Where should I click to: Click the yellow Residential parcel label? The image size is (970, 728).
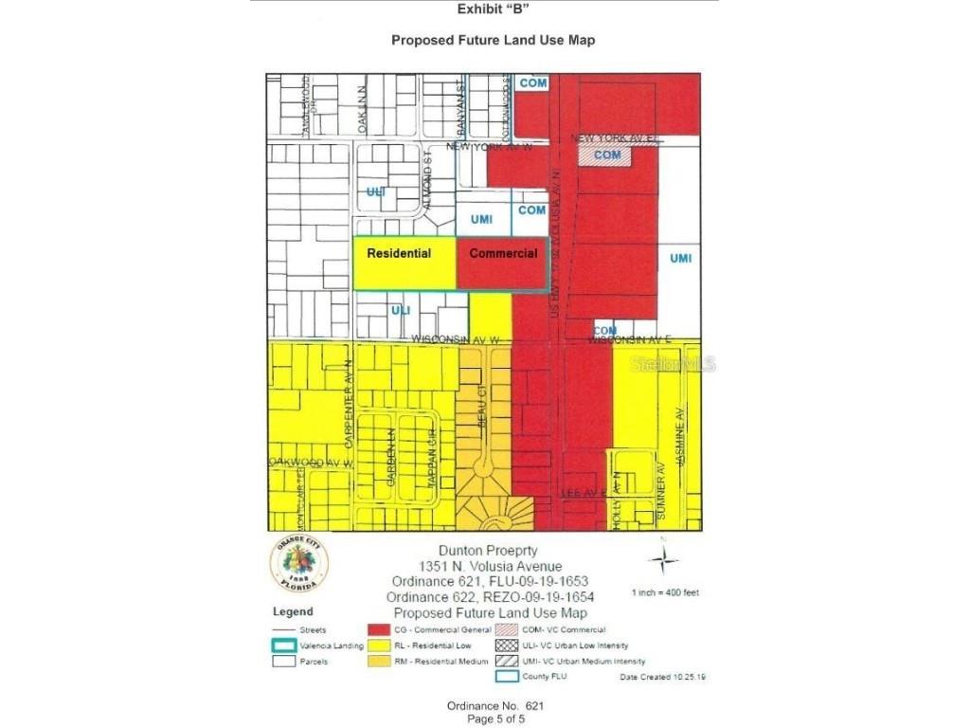[x=399, y=253]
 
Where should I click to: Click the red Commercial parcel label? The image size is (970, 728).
[x=503, y=253]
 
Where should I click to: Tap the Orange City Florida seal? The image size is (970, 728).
[x=299, y=564]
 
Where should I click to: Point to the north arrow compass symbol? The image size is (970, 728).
[x=663, y=558]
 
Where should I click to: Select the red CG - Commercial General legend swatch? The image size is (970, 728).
[x=380, y=629]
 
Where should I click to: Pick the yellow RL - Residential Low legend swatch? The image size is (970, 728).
[x=380, y=646]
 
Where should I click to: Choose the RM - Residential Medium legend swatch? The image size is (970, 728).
[x=380, y=661]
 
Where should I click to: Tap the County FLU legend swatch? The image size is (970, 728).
[x=507, y=677]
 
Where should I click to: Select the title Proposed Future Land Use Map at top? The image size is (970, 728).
[x=493, y=41]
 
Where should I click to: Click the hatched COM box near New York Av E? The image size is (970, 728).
[x=606, y=155]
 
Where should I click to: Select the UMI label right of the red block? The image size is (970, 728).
[x=680, y=259]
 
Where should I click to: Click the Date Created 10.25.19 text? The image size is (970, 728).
[x=662, y=677]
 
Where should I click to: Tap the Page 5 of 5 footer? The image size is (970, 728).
[x=495, y=719]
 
